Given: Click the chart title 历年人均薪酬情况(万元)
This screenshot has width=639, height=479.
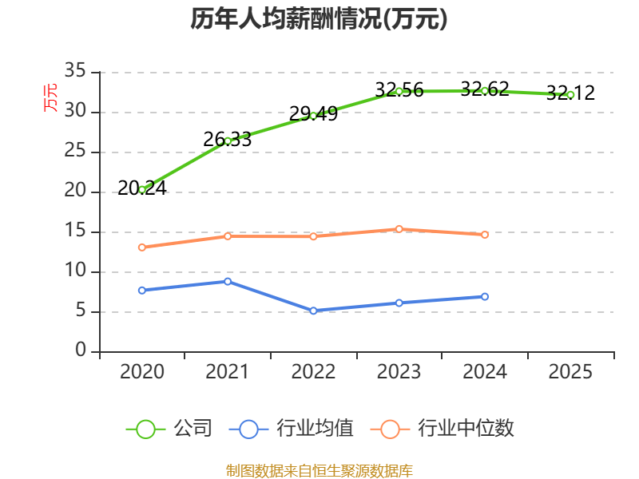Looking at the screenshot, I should pyautogui.click(x=319, y=19).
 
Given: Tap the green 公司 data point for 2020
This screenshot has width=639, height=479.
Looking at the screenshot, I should pyautogui.click(x=142, y=189).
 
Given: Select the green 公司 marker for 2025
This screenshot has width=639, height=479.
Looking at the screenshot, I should pyautogui.click(x=570, y=94).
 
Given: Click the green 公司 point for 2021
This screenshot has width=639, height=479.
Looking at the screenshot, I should pyautogui.click(x=228, y=141).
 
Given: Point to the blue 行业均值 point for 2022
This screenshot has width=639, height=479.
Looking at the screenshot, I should pyautogui.click(x=313, y=311).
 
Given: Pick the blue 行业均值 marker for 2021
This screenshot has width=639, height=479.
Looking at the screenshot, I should pyautogui.click(x=228, y=281).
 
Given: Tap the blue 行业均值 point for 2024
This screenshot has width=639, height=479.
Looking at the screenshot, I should pyautogui.click(x=485, y=296).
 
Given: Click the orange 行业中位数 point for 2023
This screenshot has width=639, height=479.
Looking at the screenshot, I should pyautogui.click(x=399, y=229).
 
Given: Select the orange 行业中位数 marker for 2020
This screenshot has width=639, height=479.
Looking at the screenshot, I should pyautogui.click(x=142, y=247).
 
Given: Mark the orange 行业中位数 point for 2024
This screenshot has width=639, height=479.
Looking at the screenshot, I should pyautogui.click(x=485, y=235).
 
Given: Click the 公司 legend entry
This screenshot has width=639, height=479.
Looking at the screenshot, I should pyautogui.click(x=169, y=429).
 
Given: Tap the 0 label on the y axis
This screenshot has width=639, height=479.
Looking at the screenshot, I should pyautogui.click(x=81, y=351).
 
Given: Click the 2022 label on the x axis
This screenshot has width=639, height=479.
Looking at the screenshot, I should pyautogui.click(x=313, y=372).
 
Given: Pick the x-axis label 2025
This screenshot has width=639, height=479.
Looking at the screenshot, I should pyautogui.click(x=570, y=372).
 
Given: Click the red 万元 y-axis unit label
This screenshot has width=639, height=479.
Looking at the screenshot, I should pyautogui.click(x=51, y=97).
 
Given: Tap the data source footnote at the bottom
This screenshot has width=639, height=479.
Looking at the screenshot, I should pyautogui.click(x=319, y=470).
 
